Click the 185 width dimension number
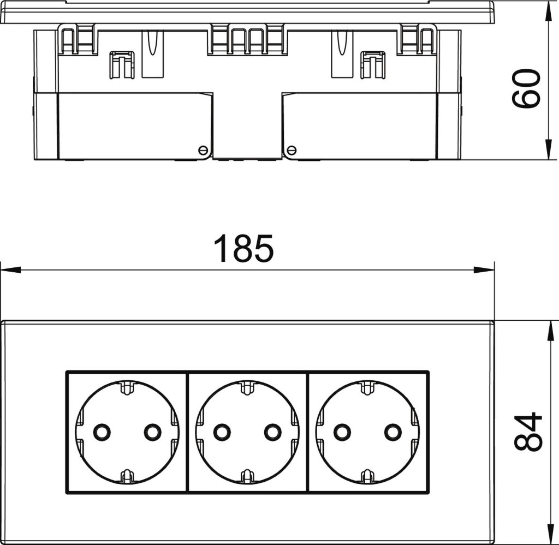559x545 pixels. coord(244,248)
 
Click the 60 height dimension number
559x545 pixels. coord(526,88)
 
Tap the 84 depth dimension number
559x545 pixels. coord(528,432)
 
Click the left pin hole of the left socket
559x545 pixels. coord(102,432)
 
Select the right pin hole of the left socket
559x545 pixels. coord(153,432)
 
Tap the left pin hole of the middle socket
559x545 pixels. coord(222,432)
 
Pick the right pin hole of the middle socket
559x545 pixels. coord(273,432)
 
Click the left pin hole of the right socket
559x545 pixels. coord(342,432)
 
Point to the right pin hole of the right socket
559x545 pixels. coord(393,432)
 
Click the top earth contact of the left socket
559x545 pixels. coord(127,388)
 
